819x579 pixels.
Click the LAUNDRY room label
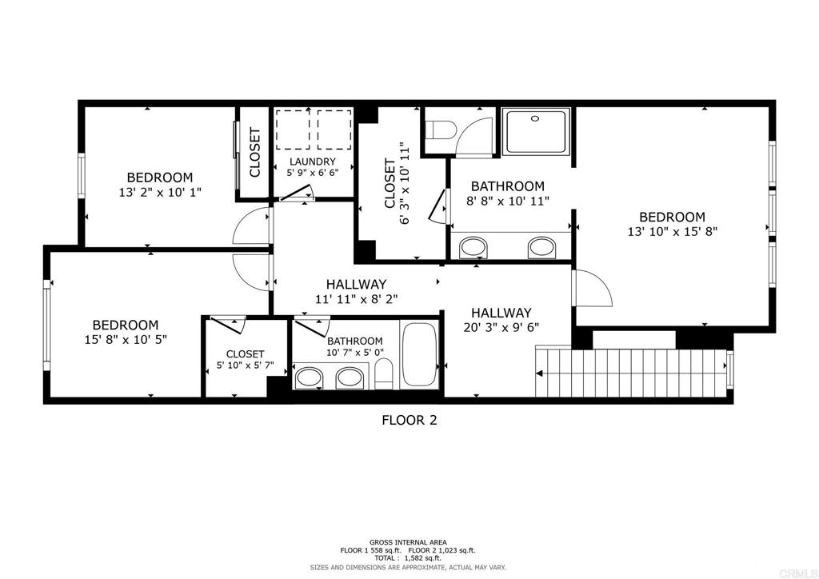(x=313, y=162)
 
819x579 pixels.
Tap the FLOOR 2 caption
(x=409, y=420)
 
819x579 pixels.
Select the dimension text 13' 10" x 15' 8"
(x=672, y=231)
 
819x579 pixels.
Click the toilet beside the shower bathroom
(x=439, y=130)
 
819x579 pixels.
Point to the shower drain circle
(x=534, y=118)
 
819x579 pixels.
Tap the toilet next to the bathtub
(x=383, y=373)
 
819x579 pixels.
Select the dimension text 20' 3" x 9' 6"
(x=501, y=327)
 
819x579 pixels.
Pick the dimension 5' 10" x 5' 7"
(x=245, y=365)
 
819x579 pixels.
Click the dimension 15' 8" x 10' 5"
(x=126, y=339)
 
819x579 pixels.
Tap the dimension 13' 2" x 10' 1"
(x=160, y=192)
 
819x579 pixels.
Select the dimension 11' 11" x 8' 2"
(x=356, y=299)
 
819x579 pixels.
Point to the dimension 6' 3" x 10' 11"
(x=404, y=182)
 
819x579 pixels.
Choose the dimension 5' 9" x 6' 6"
(x=313, y=172)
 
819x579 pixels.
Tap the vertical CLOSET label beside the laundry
(x=255, y=153)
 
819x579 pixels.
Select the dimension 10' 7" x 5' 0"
(x=354, y=353)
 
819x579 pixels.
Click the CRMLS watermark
(x=805, y=573)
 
